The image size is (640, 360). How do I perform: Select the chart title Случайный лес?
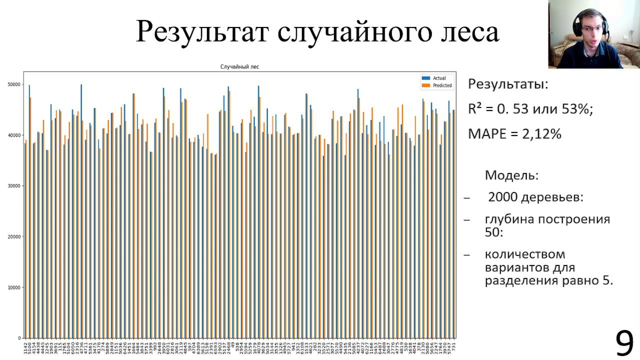pos(239,66)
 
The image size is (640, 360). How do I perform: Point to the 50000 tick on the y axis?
pos(13,84)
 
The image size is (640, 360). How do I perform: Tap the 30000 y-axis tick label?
pos(13,186)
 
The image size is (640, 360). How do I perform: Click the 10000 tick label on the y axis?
pos(13,287)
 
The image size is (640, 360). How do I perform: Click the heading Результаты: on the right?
pos(507,84)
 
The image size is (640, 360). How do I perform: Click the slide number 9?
pos(624,344)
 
